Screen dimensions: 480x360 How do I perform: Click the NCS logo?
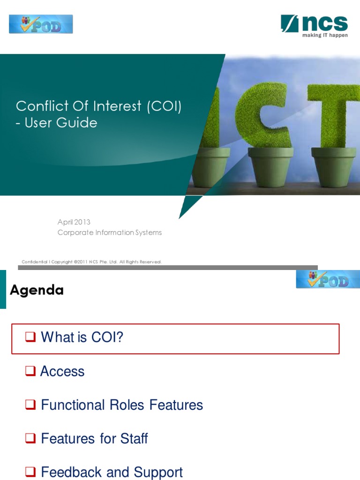pyautogui.click(x=314, y=23)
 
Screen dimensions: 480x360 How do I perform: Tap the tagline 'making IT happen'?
pyautogui.click(x=325, y=36)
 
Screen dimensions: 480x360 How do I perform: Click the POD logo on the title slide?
pyautogui.click(x=41, y=24)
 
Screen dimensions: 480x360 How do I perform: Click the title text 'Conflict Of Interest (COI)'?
pyautogui.click(x=98, y=106)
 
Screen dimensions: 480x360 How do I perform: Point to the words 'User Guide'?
pyautogui.click(x=61, y=123)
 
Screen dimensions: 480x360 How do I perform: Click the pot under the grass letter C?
pyautogui.click(x=270, y=167)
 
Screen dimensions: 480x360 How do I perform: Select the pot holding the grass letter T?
pyautogui.click(x=334, y=167)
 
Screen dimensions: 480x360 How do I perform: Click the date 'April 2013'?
pyautogui.click(x=74, y=222)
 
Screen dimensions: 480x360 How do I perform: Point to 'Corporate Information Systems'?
pyautogui.click(x=109, y=232)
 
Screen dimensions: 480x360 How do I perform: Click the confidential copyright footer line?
pyautogui.click(x=92, y=262)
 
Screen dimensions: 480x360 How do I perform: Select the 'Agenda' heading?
pyautogui.click(x=37, y=290)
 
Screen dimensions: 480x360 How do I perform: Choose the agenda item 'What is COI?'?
pyautogui.click(x=82, y=337)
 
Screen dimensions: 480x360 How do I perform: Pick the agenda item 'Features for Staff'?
pyautogui.click(x=94, y=439)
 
